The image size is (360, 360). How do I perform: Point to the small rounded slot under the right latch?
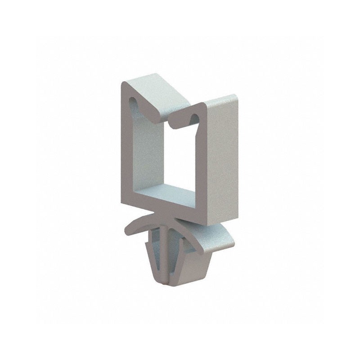tap(194, 118)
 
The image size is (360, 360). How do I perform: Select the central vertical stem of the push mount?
tap(167, 252)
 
